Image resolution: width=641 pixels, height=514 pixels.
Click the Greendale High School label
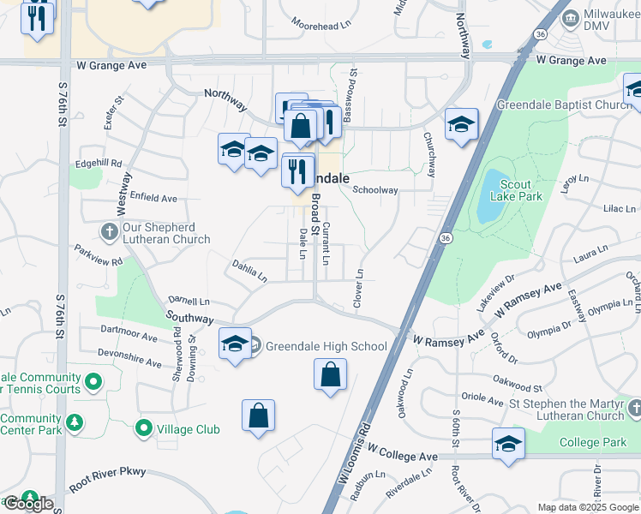pyautogui.click(x=326, y=346)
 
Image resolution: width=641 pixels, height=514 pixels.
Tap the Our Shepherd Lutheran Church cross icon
pyautogui.click(x=109, y=232)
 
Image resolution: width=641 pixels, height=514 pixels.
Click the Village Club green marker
pyautogui.click(x=143, y=428)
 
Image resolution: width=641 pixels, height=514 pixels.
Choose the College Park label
pyautogui.click(x=593, y=442)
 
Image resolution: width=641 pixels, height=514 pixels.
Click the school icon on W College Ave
pyautogui.click(x=508, y=445)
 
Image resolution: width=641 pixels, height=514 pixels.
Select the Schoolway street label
pyautogui.click(x=375, y=190)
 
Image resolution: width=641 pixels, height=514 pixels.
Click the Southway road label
pyautogui.click(x=189, y=318)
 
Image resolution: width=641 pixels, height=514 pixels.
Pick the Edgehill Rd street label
pyautogui.click(x=99, y=163)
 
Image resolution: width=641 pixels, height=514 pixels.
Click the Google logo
pyautogui.click(x=28, y=504)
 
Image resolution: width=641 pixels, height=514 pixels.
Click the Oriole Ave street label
pyautogui.click(x=482, y=399)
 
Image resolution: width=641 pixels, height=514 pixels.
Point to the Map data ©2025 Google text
pyautogui.click(x=587, y=507)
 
